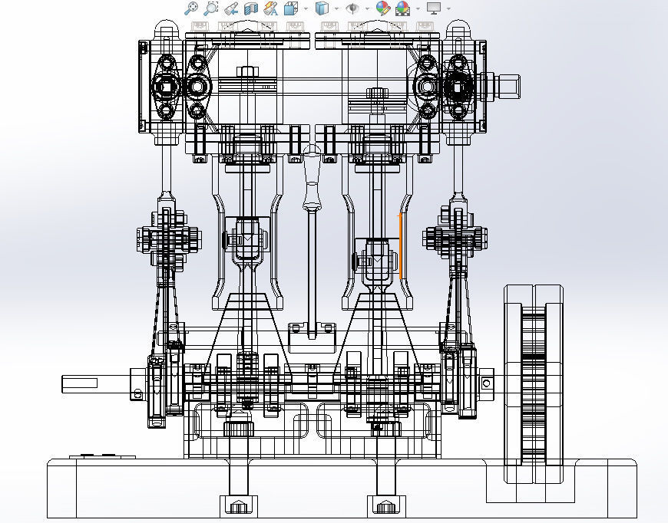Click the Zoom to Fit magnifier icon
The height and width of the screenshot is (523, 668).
point(191,8)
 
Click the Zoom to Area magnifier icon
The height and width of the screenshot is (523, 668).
point(211,8)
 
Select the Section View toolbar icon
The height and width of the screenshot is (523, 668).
point(250,8)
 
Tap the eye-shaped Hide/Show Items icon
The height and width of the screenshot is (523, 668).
point(352,8)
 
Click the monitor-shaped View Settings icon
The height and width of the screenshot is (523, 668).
point(434,8)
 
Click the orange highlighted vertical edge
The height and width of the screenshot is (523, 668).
point(400,246)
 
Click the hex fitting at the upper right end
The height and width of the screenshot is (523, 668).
point(508,85)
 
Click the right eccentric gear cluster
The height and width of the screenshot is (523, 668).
point(452,239)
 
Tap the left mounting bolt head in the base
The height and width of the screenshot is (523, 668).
point(238,505)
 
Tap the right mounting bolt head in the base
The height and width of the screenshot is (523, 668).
point(385,505)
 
